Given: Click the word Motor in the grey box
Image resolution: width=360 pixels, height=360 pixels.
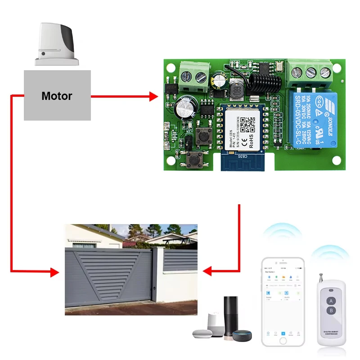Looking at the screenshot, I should point(57,96).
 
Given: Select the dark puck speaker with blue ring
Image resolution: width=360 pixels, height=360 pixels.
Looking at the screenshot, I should point(242,336).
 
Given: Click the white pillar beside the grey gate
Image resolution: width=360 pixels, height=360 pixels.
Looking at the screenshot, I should point(157,274).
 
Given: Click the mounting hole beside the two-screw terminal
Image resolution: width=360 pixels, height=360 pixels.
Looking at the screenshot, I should point(171,68).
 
